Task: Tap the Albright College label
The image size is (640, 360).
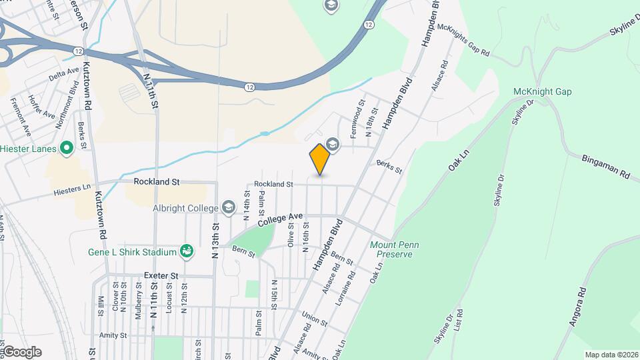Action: click(x=185, y=208)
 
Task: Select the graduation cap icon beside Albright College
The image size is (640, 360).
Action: click(x=229, y=208)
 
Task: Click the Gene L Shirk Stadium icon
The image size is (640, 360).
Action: click(x=187, y=251)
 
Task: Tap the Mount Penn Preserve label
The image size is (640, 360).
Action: click(x=395, y=249)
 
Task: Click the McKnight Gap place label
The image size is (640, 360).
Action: click(x=543, y=91)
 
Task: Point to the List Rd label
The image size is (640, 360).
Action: click(x=458, y=327)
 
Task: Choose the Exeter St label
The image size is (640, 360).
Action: click(x=161, y=275)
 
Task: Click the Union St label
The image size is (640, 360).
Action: click(x=314, y=319)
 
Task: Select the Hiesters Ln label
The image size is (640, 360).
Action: click(x=74, y=189)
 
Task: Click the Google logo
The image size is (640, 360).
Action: click(x=21, y=352)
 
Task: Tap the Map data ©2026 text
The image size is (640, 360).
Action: click(x=611, y=355)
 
